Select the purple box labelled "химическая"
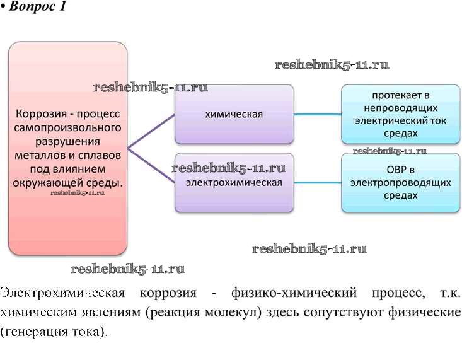tap(234, 114)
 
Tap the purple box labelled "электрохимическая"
tap(234, 182)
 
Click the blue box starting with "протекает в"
tap(400, 114)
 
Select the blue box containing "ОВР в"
tap(400, 182)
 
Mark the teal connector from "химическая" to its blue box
tap(318, 114)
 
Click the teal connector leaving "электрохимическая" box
tap(318, 182)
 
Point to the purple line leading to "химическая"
tap(151, 131)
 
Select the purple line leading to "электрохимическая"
tap(151, 166)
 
